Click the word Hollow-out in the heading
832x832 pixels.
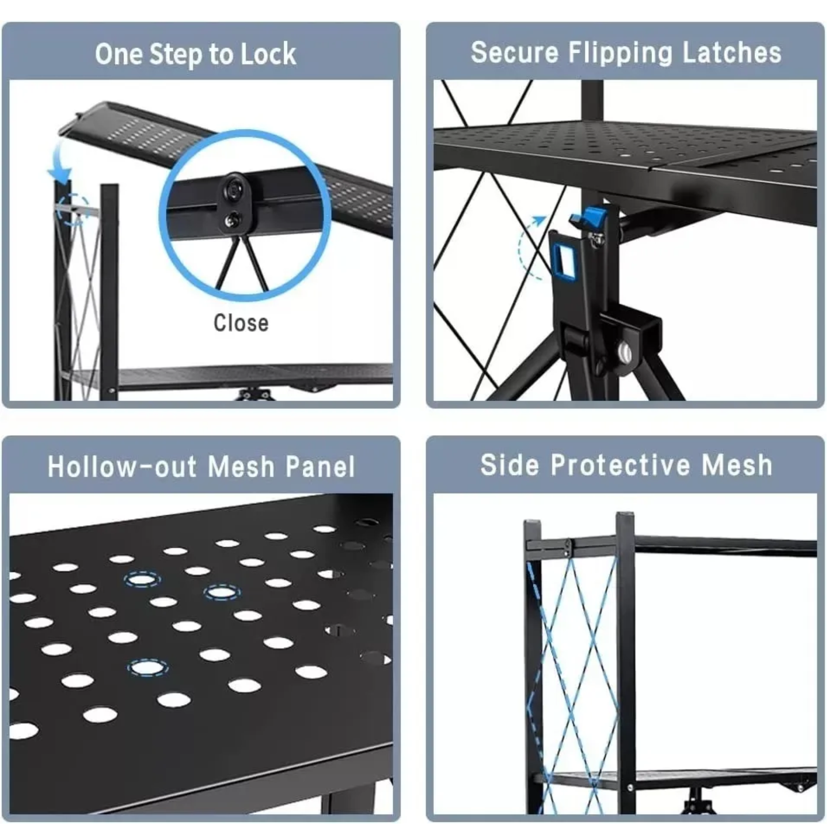tap(123, 467)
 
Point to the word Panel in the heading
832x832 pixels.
tap(320, 467)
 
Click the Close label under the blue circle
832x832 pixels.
tap(241, 323)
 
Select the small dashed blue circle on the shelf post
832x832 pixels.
tap(74, 209)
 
